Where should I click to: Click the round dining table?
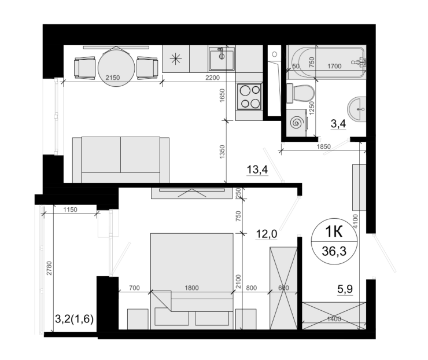116,68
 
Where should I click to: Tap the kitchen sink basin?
222,58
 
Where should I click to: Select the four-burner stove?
249,97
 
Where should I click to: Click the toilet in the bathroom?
300,94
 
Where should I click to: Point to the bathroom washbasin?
356,109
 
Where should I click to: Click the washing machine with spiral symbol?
297,123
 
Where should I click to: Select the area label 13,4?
257,170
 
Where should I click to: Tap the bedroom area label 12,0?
267,234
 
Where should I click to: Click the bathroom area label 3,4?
338,124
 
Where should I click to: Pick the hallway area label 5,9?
345,289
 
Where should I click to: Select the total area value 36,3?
334,251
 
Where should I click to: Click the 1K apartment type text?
334,232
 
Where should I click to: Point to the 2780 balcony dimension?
49,268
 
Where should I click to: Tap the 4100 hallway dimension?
355,221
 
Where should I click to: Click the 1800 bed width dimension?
191,288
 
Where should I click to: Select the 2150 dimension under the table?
113,78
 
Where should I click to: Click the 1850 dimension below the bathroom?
324,146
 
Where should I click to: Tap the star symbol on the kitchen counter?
175,59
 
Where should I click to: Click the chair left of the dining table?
84,68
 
